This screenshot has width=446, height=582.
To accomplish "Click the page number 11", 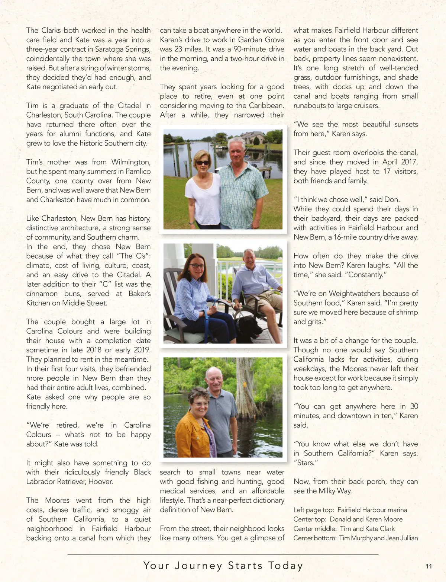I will point(429,566).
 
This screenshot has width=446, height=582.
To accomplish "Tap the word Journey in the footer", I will point(198,566).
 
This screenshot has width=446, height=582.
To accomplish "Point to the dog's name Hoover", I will point(101,482).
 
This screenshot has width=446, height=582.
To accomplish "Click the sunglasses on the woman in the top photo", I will point(202,163).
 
